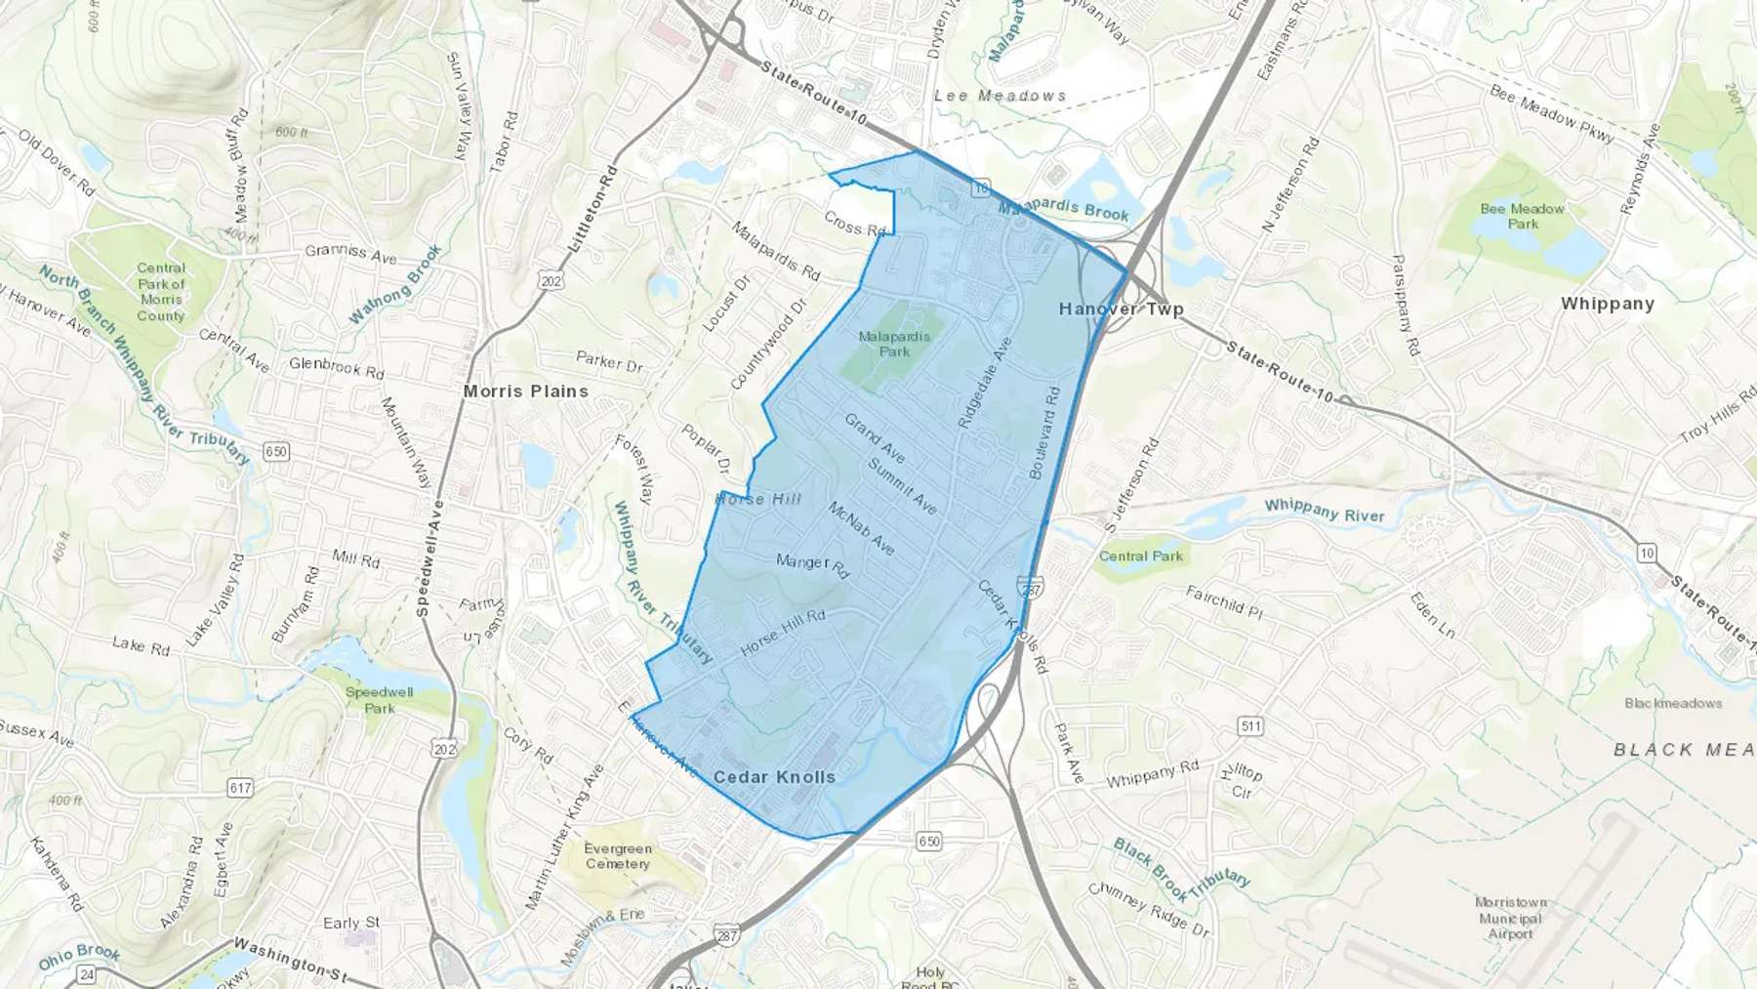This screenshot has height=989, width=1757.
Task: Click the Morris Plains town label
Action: click(x=526, y=391)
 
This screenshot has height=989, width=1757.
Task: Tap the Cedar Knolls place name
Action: click(x=774, y=777)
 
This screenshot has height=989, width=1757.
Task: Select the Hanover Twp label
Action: click(x=1121, y=309)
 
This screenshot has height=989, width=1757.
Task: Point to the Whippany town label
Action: click(x=1607, y=304)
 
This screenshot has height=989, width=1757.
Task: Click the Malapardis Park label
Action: click(x=894, y=344)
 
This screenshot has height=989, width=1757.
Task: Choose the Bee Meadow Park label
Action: click(x=1522, y=216)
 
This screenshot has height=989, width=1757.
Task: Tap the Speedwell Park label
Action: click(x=380, y=700)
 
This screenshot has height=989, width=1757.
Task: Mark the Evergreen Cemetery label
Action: click(x=618, y=856)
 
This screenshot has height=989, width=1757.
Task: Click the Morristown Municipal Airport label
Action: click(x=1510, y=918)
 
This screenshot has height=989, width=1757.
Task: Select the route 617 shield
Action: click(x=240, y=787)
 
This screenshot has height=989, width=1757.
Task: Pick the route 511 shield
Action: click(x=1249, y=725)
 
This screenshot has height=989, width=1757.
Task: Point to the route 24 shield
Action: click(x=87, y=974)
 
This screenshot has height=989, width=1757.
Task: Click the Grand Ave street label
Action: click(x=875, y=438)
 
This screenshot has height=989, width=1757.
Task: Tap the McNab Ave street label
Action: click(x=861, y=528)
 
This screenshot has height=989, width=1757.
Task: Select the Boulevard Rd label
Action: click(x=1043, y=433)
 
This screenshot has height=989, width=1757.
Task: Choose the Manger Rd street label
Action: click(x=812, y=564)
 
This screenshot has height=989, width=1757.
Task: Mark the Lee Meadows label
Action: click(x=1000, y=96)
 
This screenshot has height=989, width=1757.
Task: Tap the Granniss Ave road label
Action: click(x=350, y=253)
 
